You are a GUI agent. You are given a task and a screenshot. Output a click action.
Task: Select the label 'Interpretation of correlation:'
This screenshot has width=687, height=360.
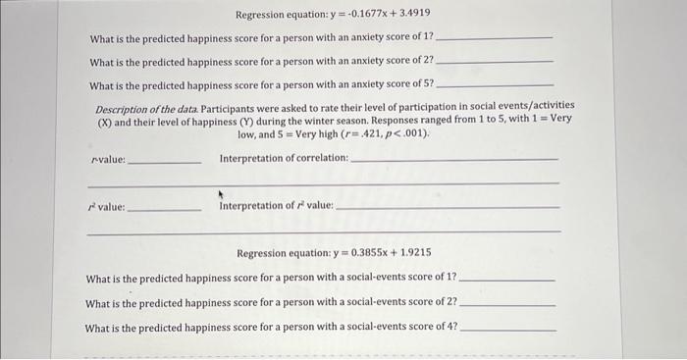click(x=284, y=158)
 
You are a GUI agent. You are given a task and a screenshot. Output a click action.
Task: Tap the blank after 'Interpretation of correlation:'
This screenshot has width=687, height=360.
click(x=453, y=160)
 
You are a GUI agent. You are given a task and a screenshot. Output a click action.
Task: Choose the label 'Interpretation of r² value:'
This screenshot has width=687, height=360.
click(x=277, y=206)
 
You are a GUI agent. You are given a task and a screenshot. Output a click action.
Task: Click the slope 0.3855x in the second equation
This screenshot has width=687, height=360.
click(x=365, y=253)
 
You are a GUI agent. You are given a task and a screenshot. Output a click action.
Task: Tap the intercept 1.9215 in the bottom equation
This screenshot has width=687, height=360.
click(x=413, y=253)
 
